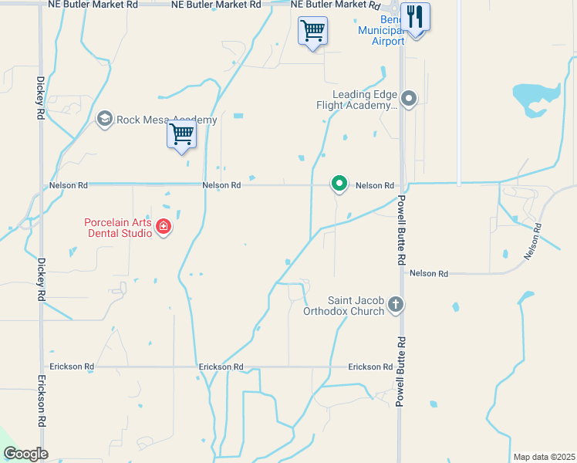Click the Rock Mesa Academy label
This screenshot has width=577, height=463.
point(166,120)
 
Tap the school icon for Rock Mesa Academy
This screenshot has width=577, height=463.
point(104,120)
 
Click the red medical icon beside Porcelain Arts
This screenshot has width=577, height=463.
point(163,227)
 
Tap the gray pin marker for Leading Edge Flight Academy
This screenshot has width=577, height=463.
point(410,98)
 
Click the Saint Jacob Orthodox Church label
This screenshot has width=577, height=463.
point(355,306)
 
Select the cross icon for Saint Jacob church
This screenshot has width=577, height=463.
point(396,304)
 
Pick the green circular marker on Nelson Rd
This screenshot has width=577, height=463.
point(339,183)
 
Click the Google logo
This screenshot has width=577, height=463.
point(25,454)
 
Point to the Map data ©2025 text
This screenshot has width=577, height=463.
point(543,457)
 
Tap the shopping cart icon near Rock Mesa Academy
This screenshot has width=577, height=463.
point(182,134)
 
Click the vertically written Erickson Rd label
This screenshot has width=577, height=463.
point(40,402)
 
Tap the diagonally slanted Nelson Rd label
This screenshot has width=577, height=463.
point(532,241)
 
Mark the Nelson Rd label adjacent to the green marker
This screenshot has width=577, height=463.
point(375,185)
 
